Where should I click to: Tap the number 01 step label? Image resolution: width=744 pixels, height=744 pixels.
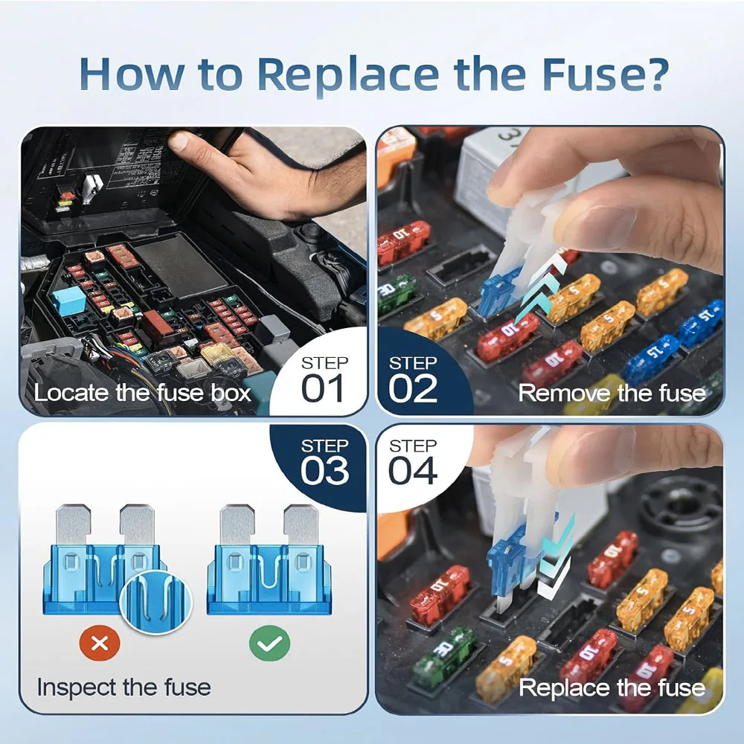click(x=324, y=388)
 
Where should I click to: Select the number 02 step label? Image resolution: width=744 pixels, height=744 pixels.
click(x=413, y=388)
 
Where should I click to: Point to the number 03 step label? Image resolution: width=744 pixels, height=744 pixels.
click(x=324, y=471)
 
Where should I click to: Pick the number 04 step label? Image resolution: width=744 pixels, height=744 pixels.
click(x=413, y=471)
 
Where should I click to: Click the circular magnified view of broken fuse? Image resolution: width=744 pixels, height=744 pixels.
click(x=155, y=600)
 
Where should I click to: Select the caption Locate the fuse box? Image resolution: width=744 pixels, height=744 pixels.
click(x=143, y=393)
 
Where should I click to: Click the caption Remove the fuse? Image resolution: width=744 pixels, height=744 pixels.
click(x=612, y=393)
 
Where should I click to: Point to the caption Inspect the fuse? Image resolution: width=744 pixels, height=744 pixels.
click(x=124, y=687)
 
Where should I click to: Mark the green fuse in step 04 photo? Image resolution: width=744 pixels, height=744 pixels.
click(x=443, y=655)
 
